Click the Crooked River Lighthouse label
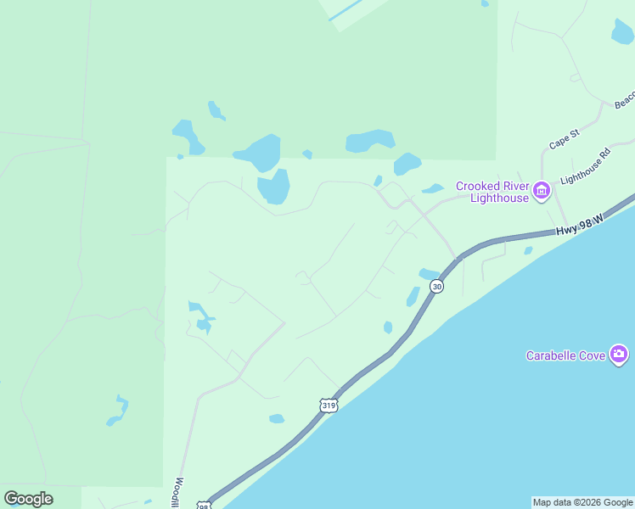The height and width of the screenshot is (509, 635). point(492,192)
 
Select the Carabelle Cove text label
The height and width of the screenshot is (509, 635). point(565,355)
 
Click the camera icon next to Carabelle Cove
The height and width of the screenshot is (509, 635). point(619,354)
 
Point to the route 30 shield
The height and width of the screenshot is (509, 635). point(436,287)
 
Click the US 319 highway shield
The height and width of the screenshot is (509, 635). point(329,406)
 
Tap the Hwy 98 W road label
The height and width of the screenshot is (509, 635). point(579,226)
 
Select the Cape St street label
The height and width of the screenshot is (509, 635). point(564,139)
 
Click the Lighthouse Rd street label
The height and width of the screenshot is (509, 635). point(586,169)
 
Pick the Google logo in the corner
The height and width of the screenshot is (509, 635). point(28,499)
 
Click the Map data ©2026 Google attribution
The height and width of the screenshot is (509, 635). point(582,502)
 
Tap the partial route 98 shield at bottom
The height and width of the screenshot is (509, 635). point(204,505)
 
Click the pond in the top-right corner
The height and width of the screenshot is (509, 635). point(623,31)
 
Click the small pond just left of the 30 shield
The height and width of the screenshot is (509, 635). point(413,296)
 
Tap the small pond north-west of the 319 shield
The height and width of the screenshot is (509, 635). point(277,418)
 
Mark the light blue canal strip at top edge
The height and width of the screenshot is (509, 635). point(343,11)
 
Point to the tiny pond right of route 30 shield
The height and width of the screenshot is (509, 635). point(528,250)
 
